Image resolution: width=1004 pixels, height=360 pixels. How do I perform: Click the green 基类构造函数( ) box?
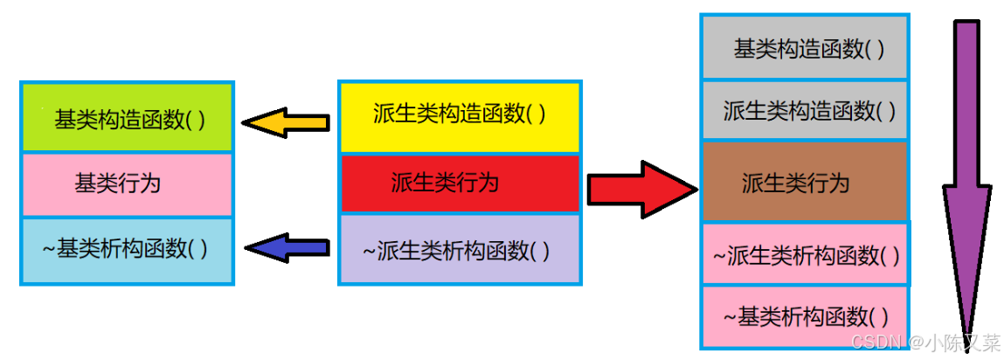[127, 118]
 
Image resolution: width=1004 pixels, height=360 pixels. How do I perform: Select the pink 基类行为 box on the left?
[127, 184]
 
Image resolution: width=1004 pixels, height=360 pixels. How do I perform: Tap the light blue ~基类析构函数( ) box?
[127, 250]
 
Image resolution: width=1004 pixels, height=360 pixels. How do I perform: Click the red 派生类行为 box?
[460, 183]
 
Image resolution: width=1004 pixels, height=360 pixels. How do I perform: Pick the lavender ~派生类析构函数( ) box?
[460, 251]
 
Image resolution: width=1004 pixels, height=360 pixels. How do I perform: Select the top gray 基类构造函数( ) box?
[805, 49]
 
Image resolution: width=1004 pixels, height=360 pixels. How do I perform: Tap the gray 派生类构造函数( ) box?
[805, 111]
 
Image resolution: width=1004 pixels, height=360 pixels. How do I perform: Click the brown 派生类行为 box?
[805, 183]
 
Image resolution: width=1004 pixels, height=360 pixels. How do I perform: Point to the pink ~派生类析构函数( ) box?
[805, 254]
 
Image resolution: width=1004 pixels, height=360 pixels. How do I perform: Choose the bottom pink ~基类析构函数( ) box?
[805, 316]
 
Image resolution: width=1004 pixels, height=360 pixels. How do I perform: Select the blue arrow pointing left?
[286, 248]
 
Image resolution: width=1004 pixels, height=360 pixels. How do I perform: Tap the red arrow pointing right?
[641, 188]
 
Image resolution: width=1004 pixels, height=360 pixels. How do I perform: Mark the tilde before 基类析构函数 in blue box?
[49, 250]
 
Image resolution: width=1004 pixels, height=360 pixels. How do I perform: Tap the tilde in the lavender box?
[369, 252]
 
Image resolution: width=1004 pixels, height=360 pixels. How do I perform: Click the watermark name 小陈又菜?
[961, 342]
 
